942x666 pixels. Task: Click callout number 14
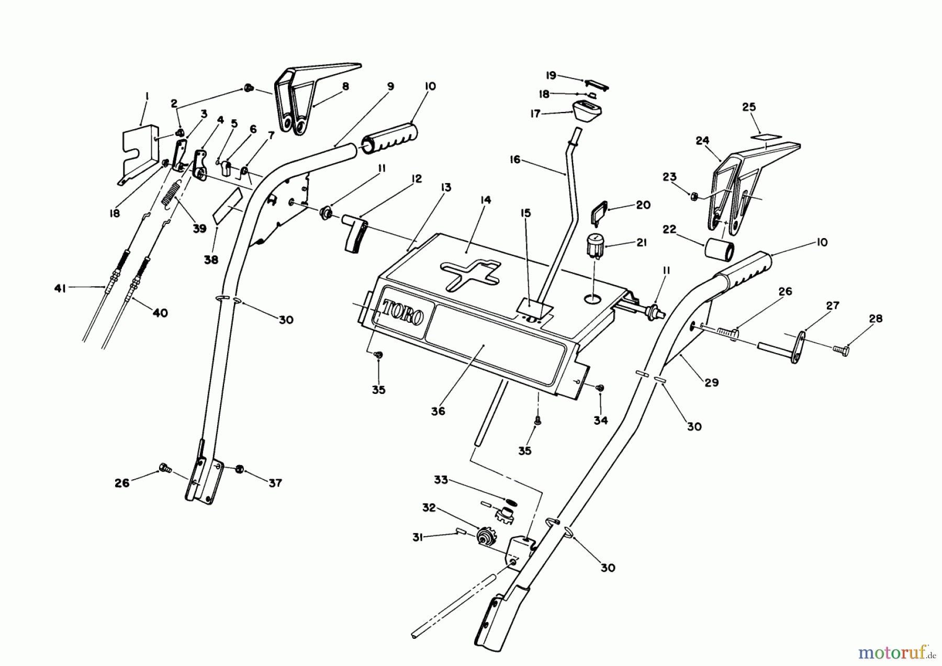(x=485, y=200)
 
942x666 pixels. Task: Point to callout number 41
(x=61, y=288)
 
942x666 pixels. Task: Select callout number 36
(x=438, y=411)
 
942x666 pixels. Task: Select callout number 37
(x=275, y=483)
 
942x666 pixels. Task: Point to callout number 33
(x=441, y=479)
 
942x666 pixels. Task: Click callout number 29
(x=711, y=382)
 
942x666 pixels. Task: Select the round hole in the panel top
(x=592, y=298)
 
